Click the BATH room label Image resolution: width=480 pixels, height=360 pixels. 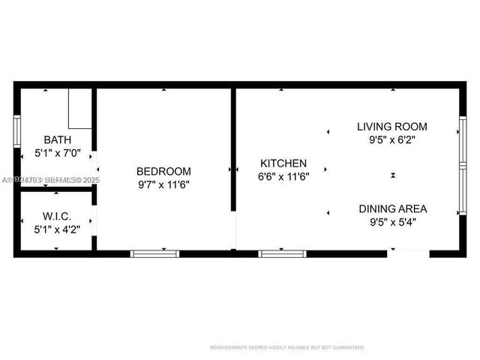click(58, 139)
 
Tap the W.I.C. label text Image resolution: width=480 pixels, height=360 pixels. click(58, 217)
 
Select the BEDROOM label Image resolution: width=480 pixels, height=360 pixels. click(163, 171)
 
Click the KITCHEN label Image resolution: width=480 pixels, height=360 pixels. click(283, 163)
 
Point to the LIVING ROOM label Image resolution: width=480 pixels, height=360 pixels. click(391, 126)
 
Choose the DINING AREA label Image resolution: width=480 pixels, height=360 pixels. click(393, 208)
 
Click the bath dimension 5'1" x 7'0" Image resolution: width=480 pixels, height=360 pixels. click(58, 153)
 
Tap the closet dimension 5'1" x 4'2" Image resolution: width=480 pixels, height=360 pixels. click(58, 229)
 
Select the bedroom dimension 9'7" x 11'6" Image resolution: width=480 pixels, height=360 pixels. click(163, 184)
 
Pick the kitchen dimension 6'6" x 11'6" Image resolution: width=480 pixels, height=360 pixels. click(283, 177)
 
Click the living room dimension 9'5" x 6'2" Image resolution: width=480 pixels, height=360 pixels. click(391, 139)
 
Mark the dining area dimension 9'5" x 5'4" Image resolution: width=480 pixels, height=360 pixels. click(393, 222)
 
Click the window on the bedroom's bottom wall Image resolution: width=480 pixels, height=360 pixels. click(155, 253)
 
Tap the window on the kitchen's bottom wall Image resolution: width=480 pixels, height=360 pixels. click(283, 253)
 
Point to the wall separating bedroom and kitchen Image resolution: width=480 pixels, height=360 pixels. click(233, 150)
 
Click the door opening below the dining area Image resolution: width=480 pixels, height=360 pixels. click(408, 253)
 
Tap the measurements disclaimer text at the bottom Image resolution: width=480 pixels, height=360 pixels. click(287, 347)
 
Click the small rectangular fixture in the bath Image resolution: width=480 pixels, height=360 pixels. click(80, 108)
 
